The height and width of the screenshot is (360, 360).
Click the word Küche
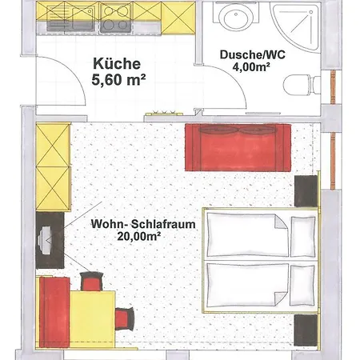[x=117, y=64]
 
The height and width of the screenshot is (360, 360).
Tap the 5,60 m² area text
[x=118, y=79]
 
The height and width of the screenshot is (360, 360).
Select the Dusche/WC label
[x=252, y=54]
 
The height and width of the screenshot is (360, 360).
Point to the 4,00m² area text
[x=251, y=66]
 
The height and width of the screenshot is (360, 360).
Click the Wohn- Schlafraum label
[x=143, y=224]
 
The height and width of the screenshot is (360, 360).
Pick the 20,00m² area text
[x=138, y=236]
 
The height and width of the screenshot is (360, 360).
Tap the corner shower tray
[x=295, y=26]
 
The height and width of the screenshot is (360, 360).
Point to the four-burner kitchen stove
[x=116, y=18]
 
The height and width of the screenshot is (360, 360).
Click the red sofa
[x=238, y=147]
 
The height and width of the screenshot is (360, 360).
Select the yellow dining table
[x=92, y=319]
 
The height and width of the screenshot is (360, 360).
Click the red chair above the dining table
[x=91, y=282]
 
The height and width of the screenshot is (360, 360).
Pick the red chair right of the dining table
[x=124, y=318]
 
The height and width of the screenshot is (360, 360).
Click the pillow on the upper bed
[x=302, y=237]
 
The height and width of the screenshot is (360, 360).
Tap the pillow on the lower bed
[x=302, y=286]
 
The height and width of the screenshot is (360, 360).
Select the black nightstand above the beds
[x=306, y=191]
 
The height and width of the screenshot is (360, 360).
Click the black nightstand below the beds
[x=306, y=330]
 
